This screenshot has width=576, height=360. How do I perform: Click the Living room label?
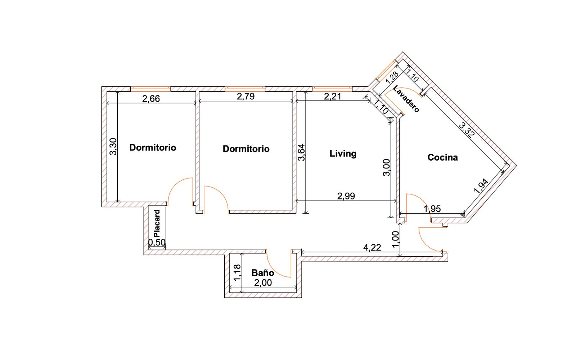click(x=343, y=153)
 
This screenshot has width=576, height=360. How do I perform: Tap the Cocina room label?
click(x=442, y=157)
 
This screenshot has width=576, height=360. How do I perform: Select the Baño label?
click(x=262, y=273)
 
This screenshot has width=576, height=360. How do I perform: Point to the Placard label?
click(x=157, y=223)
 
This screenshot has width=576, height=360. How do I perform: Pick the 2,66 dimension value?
click(x=151, y=99)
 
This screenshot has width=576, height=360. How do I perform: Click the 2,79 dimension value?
click(x=246, y=96)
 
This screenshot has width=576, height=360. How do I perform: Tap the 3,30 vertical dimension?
click(x=113, y=147)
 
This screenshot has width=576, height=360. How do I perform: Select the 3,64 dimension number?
click(x=301, y=152)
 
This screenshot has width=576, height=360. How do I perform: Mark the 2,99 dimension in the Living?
click(x=346, y=196)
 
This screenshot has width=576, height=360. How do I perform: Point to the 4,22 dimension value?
click(x=372, y=247)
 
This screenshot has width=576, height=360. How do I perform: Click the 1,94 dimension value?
click(x=481, y=186)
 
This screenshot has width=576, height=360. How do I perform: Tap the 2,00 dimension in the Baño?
click(x=263, y=283)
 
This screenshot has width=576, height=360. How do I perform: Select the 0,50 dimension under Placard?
click(x=157, y=243)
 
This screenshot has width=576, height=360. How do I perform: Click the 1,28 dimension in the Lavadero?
click(x=392, y=77)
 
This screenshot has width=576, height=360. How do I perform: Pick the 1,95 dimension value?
click(x=432, y=209)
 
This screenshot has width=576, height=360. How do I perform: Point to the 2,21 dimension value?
click(x=333, y=96)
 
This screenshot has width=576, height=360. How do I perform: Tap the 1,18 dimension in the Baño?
click(x=237, y=273)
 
